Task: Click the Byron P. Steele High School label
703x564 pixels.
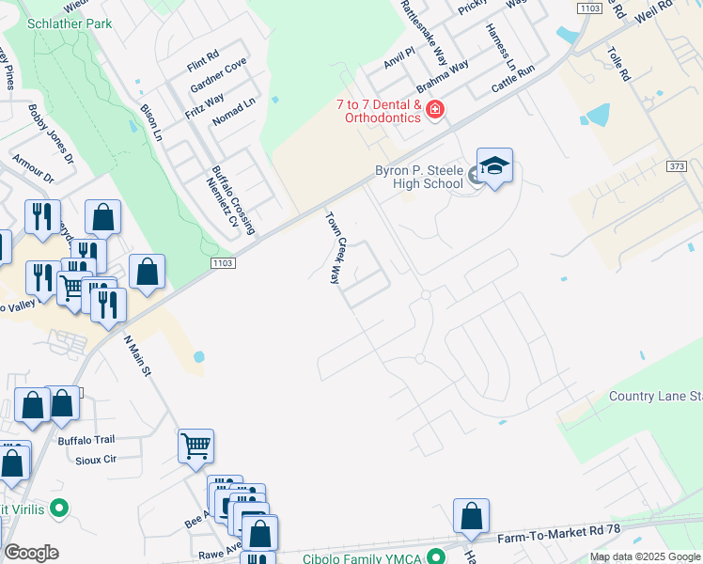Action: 418,178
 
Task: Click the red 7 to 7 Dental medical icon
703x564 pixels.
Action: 435,111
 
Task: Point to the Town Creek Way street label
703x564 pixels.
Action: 333,247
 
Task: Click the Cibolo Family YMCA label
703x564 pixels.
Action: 360,557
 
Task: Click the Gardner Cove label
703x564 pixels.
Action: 218,75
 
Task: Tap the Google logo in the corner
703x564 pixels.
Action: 31,553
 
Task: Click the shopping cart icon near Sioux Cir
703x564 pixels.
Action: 195,446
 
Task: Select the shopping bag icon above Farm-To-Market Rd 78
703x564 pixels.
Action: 471,516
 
